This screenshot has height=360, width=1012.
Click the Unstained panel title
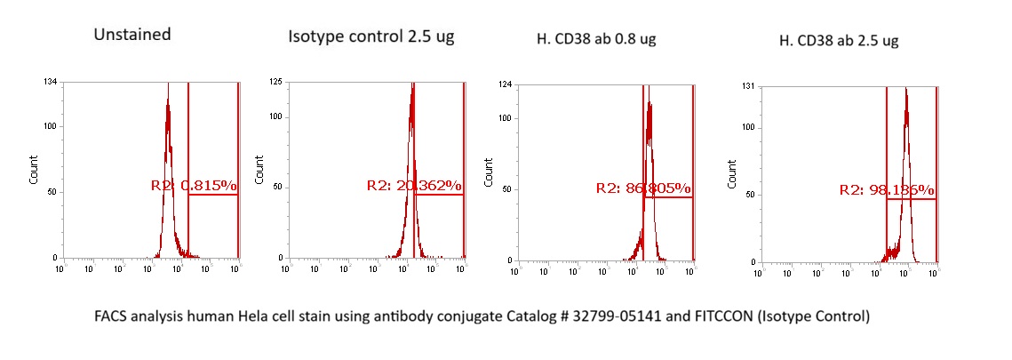pos(132,36)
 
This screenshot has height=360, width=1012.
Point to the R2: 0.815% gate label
pos(194,186)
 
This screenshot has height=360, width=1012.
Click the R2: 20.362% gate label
pos(414,186)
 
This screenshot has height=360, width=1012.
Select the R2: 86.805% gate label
pos(643,188)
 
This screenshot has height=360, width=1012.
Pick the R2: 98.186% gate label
pos(886,190)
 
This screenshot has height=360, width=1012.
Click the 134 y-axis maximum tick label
pos(52,82)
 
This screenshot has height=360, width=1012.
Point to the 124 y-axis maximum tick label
pos(506,84)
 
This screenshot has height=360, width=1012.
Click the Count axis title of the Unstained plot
pos(34,171)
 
